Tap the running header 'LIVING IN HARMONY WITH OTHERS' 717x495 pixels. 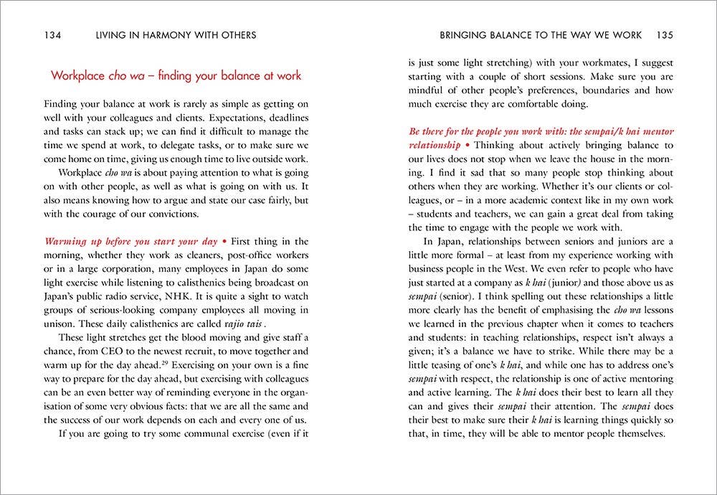tap(169, 34)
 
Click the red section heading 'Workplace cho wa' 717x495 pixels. tap(176, 75)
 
